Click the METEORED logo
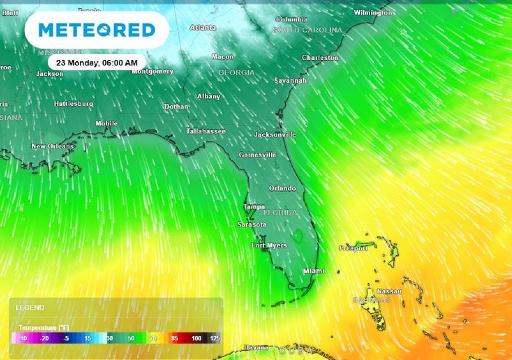(97, 29)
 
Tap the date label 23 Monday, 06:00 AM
(97, 63)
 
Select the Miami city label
(313, 271)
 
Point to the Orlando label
(282, 189)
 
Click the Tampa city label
(255, 207)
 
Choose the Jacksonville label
(275, 135)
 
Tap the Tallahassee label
(205, 131)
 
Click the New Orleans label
(53, 146)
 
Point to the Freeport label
(353, 248)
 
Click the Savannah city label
(290, 81)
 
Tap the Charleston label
(320, 58)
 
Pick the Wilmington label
(373, 13)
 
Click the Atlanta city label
(203, 28)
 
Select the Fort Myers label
(269, 245)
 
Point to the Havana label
(256, 347)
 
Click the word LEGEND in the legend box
(30, 308)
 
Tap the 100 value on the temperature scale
(197, 338)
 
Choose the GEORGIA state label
(236, 72)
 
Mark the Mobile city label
(107, 123)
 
